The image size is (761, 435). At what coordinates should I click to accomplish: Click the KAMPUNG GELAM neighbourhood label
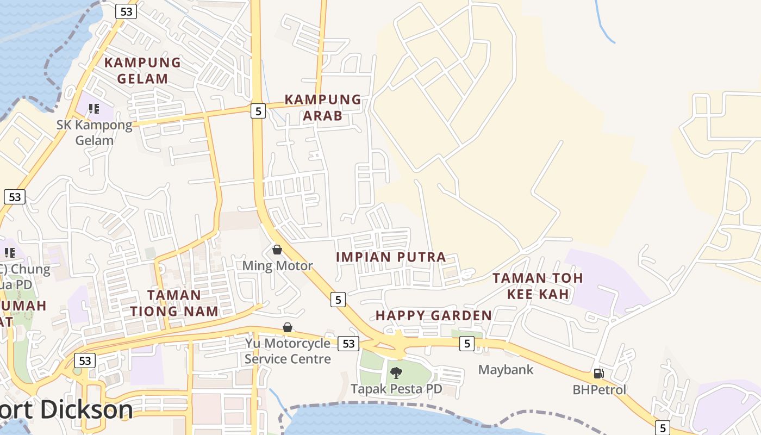(142, 71)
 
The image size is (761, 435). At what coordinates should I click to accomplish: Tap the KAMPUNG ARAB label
(323, 107)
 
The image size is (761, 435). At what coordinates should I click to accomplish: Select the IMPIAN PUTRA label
(391, 257)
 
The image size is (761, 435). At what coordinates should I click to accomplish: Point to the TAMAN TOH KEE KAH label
(538, 286)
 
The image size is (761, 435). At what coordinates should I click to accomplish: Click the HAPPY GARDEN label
(434, 315)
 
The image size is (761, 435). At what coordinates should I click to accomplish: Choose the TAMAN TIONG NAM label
(174, 303)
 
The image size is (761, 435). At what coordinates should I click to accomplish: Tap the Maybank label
(506, 370)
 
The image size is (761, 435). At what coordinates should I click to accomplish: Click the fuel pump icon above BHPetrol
(599, 374)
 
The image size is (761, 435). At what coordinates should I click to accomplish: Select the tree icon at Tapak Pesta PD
(396, 373)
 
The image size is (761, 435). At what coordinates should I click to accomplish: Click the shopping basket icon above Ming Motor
(277, 250)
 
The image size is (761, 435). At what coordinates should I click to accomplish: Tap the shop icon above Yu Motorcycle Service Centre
(288, 327)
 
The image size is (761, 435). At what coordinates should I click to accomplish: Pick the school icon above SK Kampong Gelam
(94, 109)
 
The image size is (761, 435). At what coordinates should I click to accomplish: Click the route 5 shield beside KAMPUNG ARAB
(258, 111)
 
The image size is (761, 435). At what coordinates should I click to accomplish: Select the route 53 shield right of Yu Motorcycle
(348, 344)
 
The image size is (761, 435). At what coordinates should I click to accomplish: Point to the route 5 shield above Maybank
(466, 343)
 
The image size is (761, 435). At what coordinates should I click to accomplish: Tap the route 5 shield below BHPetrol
(662, 427)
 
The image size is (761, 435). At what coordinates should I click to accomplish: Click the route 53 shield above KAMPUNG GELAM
(126, 11)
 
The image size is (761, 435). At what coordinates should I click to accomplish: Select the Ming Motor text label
(277, 266)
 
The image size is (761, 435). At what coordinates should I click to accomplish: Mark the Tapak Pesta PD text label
(396, 389)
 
